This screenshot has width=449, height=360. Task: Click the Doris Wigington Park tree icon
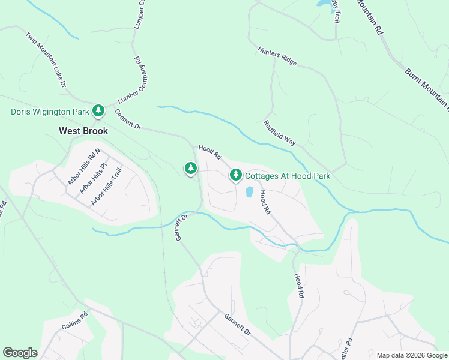click(x=98, y=110)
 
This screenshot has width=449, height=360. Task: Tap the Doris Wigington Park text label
click(x=50, y=112)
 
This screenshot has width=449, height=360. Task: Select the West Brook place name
click(x=83, y=130)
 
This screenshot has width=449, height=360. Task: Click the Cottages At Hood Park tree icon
click(x=236, y=175)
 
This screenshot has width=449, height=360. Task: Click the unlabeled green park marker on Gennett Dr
click(x=191, y=168)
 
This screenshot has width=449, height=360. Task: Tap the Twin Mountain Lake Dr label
click(x=46, y=60)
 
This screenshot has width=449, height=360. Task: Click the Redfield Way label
click(x=280, y=133)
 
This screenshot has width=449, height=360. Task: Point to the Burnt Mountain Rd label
click(x=427, y=90)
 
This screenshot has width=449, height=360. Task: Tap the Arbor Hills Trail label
click(x=106, y=187)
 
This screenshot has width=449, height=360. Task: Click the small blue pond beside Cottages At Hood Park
click(x=249, y=193)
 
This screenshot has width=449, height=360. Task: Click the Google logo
click(x=20, y=353)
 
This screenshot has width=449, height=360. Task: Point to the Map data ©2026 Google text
click(x=411, y=355)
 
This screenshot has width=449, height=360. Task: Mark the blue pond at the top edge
click(x=325, y=5)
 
